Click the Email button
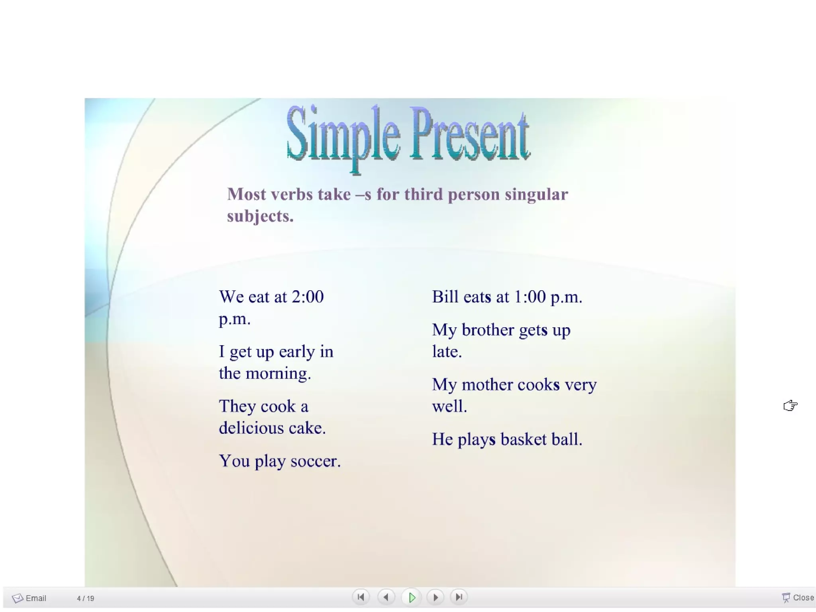pyautogui.click(x=29, y=598)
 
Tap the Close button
pyautogui.click(x=798, y=598)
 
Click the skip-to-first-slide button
pyautogui.click(x=361, y=597)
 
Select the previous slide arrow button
pyautogui.click(x=386, y=597)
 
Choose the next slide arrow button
pyautogui.click(x=435, y=597)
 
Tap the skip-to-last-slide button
pyautogui.click(x=459, y=597)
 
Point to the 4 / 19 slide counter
pyautogui.click(x=85, y=598)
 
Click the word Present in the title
pyautogui.click(x=470, y=136)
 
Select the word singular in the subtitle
pyautogui.click(x=536, y=195)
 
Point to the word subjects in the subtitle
pyautogui.click(x=259, y=216)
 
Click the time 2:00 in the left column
pyautogui.click(x=308, y=297)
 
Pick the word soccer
pyautogui.click(x=315, y=461)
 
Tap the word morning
pyautogui.click(x=277, y=374)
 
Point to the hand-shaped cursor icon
pyautogui.click(x=790, y=405)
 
